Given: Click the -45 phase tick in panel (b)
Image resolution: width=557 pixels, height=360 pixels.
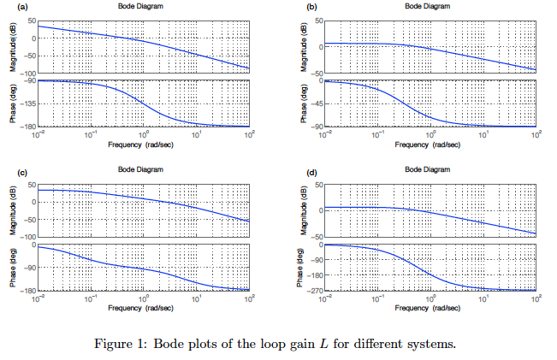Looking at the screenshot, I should coord(314,103).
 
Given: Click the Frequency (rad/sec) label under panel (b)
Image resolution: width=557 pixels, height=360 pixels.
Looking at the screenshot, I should coord(429,145).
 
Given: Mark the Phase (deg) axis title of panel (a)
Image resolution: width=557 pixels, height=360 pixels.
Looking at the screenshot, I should coord(13,103).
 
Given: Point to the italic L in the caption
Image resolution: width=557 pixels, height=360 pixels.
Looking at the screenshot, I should coord(323,345).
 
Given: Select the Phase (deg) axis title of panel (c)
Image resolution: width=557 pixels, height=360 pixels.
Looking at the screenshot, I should coord(13,268).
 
